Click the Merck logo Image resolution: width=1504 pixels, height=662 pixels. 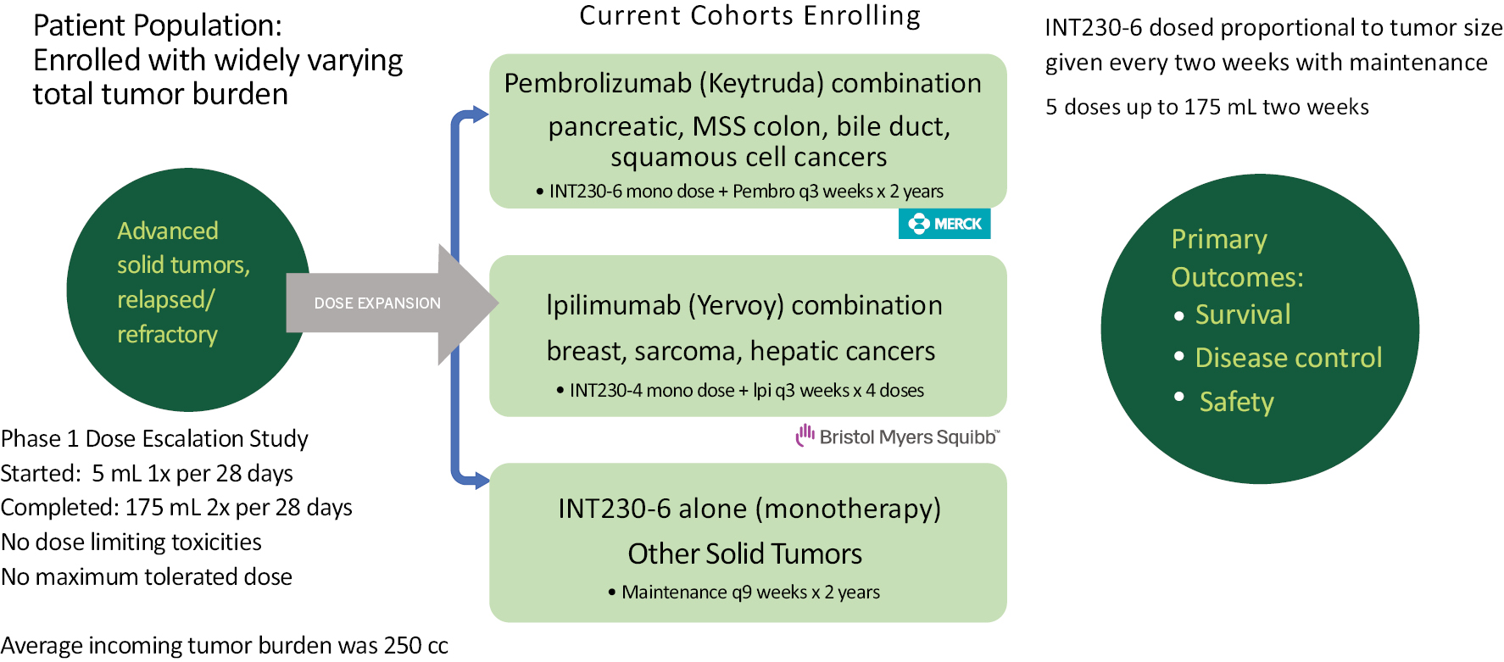[x=944, y=224]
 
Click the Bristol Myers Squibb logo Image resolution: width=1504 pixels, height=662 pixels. [x=898, y=437]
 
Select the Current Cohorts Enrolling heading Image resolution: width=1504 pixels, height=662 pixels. [x=749, y=16]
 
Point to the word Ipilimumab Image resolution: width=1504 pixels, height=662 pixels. [x=613, y=305]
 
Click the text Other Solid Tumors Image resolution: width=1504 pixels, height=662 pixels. [x=744, y=554]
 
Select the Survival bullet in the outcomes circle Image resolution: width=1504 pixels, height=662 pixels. [x=1242, y=314]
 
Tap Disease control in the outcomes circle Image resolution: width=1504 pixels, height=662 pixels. [x=1288, y=358]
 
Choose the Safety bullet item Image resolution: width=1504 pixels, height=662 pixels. [x=1235, y=402]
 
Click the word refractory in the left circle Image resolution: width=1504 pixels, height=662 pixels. [x=167, y=335]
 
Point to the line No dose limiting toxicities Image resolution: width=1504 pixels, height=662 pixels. [x=131, y=542]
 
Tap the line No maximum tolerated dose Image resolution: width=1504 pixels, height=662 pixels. [x=147, y=576]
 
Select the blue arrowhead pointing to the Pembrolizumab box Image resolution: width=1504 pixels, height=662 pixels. [x=480, y=114]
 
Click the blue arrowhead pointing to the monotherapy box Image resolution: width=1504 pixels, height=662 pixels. [x=481, y=481]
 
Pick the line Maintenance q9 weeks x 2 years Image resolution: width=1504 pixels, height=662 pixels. [x=750, y=592]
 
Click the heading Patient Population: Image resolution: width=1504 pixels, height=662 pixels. [x=158, y=25]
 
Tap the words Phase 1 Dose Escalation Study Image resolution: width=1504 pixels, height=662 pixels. [x=154, y=438]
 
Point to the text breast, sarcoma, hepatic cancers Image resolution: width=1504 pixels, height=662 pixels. [x=740, y=351]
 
